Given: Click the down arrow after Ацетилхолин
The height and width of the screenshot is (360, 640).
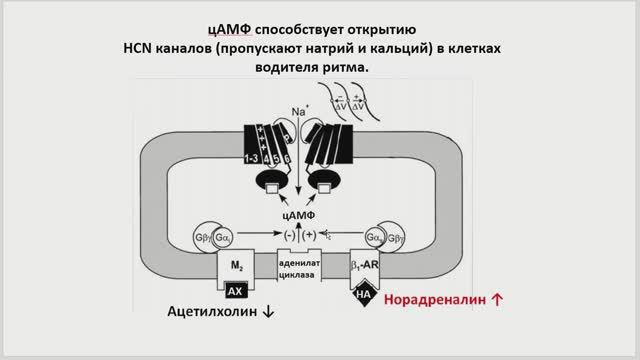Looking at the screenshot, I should tap(267, 312).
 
